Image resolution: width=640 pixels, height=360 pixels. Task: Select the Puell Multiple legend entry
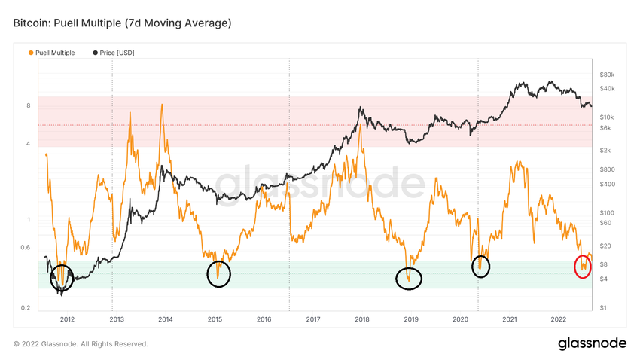point(52,53)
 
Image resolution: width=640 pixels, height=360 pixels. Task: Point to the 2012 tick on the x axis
point(66,319)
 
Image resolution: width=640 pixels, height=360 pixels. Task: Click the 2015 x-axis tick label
point(215,319)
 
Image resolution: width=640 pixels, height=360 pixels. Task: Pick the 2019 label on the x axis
point(411,319)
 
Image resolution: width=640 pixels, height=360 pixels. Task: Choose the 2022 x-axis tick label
point(559,319)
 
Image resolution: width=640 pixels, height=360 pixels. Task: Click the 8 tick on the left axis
point(28,106)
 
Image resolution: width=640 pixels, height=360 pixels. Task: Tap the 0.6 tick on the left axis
point(26,248)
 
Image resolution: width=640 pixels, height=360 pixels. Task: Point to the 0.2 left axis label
point(26,308)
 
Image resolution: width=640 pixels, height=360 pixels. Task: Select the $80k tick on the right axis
point(608,75)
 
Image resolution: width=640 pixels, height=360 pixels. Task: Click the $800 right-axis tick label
point(607,169)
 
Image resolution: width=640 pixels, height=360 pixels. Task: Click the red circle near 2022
point(582,267)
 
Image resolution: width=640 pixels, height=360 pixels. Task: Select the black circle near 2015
point(218,274)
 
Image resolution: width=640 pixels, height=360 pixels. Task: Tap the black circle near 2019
point(409,279)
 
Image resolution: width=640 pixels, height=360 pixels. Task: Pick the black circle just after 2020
point(480,266)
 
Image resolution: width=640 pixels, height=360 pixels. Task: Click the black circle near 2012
point(62,278)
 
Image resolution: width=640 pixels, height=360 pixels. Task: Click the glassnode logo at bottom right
point(592,343)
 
